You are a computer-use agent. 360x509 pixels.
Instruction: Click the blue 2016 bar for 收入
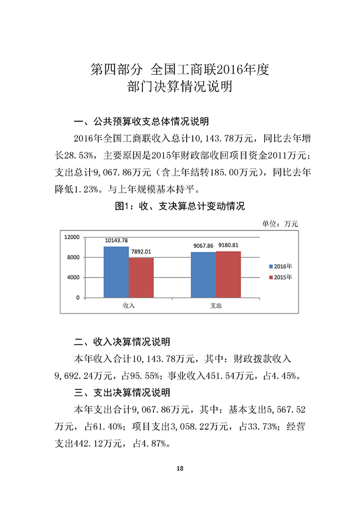coord(116,272)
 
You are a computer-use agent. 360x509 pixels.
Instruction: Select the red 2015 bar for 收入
coord(141,277)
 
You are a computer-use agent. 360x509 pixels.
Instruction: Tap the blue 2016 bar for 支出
coord(203,275)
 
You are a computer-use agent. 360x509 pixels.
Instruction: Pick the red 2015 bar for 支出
coord(228,274)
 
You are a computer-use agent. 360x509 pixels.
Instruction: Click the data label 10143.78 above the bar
coord(116,240)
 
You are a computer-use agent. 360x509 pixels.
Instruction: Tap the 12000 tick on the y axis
coord(73,237)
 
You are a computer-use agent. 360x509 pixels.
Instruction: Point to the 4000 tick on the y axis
coord(74,277)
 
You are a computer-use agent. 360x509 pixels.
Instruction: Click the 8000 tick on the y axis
coord(74,258)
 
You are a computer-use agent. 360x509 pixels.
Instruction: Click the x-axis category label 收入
coord(128,305)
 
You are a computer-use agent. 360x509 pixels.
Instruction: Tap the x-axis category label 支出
coord(215,305)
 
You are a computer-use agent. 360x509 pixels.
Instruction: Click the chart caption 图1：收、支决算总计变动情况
coord(179,207)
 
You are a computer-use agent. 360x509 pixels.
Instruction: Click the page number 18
coord(179,469)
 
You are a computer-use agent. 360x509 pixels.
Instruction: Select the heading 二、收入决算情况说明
coord(122,341)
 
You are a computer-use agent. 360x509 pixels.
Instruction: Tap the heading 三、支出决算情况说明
coord(122,393)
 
